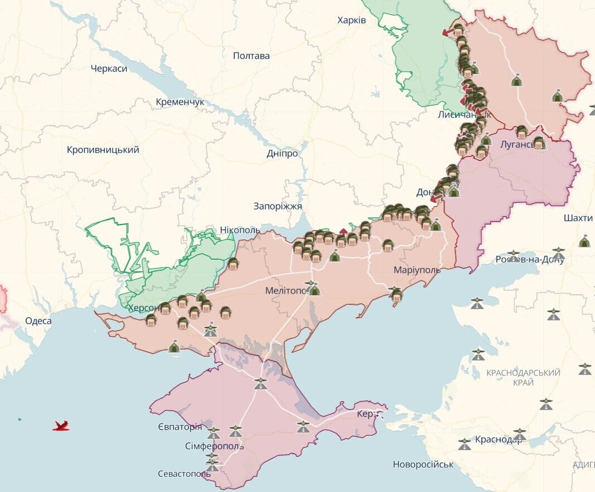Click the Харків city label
(x=351, y=20)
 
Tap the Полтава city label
(x=251, y=56)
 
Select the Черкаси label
(x=109, y=69)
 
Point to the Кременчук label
(x=180, y=102)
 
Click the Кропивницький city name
(x=103, y=150)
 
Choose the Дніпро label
(x=282, y=153)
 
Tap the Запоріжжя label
(x=277, y=206)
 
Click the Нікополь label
(x=240, y=230)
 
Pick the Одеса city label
(x=38, y=321)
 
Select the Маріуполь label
(x=417, y=270)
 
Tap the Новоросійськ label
(x=423, y=464)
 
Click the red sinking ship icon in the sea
(x=61, y=426)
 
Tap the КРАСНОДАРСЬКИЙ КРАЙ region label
(x=523, y=377)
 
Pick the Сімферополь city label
(x=214, y=446)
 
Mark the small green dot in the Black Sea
(x=20, y=418)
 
